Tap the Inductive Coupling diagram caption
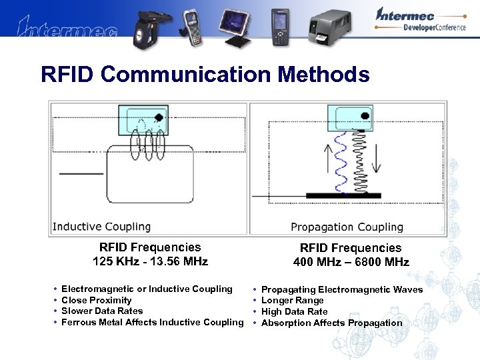tap(101, 227)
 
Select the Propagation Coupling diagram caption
tap(347, 227)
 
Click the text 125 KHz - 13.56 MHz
tap(150, 261)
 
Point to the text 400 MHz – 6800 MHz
tap(351, 262)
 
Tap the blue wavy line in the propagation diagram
tap(339, 160)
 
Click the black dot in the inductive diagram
tap(159, 118)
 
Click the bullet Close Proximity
tap(96, 300)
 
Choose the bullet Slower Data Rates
tap(101, 311)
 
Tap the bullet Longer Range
tap(292, 301)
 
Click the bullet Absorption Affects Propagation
tap(331, 323)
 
